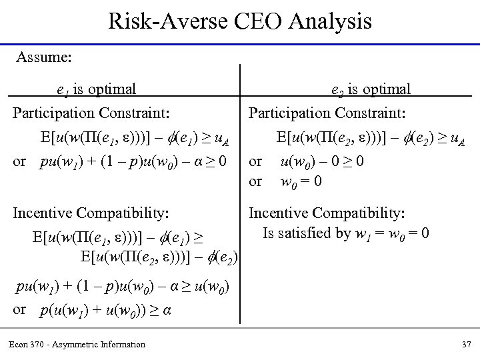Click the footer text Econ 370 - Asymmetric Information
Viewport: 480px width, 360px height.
coord(77,344)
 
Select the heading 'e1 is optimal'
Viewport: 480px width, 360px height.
coord(97,88)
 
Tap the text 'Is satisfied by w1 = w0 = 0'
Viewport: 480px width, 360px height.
coord(347,233)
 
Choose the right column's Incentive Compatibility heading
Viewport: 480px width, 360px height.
coord(327,213)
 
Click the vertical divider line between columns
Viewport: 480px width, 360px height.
coord(240,167)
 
